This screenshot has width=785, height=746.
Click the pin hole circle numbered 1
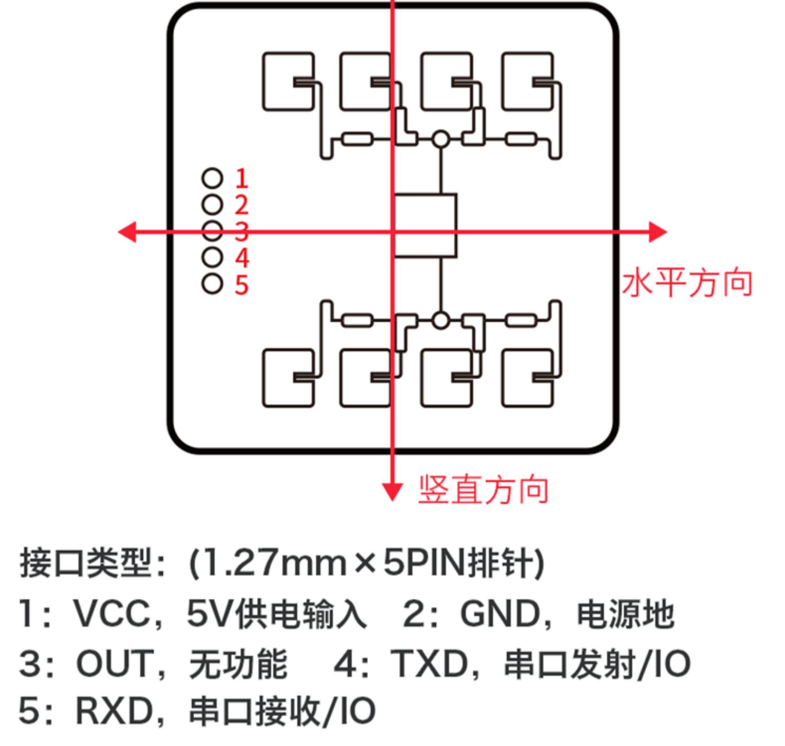(x=212, y=178)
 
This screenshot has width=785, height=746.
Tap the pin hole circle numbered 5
(x=212, y=284)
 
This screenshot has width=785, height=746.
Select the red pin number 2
(x=242, y=205)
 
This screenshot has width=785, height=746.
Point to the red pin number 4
(x=242, y=258)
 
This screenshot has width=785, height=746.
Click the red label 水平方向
(x=687, y=283)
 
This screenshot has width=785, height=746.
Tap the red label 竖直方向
(x=483, y=490)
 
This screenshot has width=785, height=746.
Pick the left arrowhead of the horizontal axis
(x=127, y=232)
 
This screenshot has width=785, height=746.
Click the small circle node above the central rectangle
(x=441, y=139)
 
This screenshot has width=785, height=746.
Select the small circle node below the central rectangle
(x=441, y=320)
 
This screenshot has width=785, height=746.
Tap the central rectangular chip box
(x=425, y=225)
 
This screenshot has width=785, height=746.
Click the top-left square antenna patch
(x=288, y=82)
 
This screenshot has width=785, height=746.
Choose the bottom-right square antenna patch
(x=528, y=378)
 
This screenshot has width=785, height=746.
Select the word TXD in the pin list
(x=429, y=664)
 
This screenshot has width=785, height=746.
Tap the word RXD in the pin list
(x=114, y=711)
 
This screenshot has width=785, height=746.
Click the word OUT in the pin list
(x=113, y=664)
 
